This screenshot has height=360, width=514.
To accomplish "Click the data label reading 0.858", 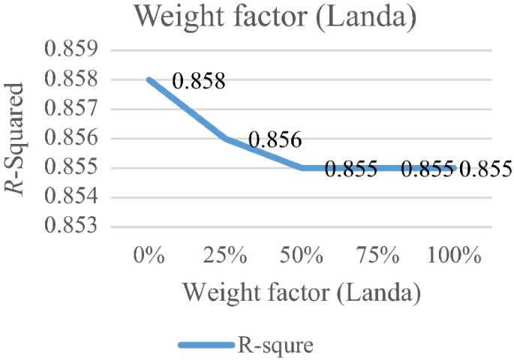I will pyautogui.click(x=199, y=80).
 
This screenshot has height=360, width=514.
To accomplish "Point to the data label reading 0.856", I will pyautogui.click(x=275, y=139).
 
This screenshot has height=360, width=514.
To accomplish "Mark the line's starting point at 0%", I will pyautogui.click(x=149, y=79).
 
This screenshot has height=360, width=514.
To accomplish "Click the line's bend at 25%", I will pyautogui.click(x=225, y=139).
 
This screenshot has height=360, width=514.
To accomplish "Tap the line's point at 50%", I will pyautogui.click(x=302, y=168).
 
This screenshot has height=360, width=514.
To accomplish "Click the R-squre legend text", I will pyautogui.click(x=275, y=346).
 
